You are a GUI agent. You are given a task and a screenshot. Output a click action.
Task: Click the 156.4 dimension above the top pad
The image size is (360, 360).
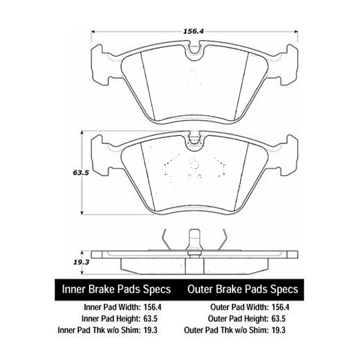coord(193,31)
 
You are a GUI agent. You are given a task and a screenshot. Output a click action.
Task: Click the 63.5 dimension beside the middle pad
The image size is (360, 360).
coord(81,173)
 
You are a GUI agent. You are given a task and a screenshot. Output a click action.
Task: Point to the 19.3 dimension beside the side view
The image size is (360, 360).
coord(81,262)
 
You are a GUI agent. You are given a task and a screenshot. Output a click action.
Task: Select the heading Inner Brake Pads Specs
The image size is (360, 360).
coord(117,289)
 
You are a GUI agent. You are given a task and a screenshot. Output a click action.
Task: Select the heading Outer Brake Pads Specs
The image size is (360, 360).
coord(243,289)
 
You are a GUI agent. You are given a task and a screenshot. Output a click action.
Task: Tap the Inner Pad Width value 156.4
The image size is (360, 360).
coord(153,307)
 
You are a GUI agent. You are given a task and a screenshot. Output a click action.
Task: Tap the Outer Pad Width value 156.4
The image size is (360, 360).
coord(280,307)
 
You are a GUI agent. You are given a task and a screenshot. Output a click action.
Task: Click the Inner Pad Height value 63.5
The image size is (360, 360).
coord(151,319)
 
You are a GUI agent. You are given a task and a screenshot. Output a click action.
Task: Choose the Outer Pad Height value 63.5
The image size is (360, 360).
coord(278,319)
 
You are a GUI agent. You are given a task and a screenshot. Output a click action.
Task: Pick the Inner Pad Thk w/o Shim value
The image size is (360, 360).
coord(151,330)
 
